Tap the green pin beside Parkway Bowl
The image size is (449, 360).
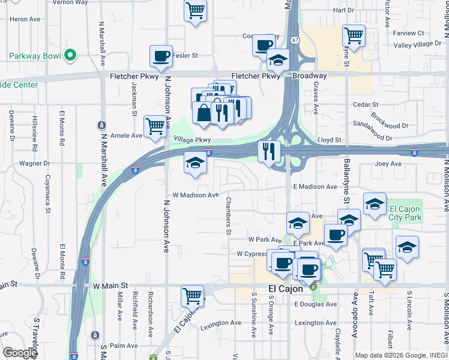point(70,56)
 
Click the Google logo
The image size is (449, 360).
point(20,353)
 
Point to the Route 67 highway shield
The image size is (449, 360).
point(294,40)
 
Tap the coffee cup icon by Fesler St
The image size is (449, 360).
point(161,56)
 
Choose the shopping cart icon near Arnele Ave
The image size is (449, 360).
point(155,125)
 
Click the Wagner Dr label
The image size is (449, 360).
point(34,163)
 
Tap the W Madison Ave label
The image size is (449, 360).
point(196,195)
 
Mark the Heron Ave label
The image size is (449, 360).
point(25,19)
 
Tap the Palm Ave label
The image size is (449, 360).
point(124,346)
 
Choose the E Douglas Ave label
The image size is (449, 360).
point(315,304)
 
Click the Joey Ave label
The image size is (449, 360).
point(388,164)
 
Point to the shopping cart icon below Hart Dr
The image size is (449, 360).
point(354,35)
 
